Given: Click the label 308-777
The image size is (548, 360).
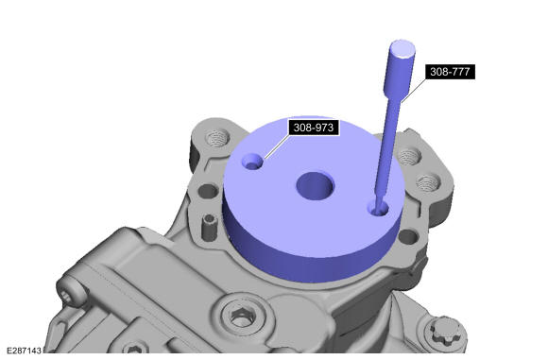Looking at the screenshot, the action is pyautogui.click(x=450, y=72).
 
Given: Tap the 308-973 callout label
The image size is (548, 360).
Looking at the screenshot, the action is pyautogui.click(x=314, y=128).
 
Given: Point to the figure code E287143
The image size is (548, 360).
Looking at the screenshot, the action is pyautogui.click(x=24, y=351).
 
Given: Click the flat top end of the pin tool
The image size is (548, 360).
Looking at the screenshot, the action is pyautogui.click(x=402, y=48).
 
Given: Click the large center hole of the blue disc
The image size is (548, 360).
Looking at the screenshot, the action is pyautogui.click(x=316, y=185).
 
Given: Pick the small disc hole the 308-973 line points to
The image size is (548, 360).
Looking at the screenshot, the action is pyautogui.click(x=252, y=162).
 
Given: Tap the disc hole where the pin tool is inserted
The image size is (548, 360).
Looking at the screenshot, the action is pyautogui.click(x=378, y=209).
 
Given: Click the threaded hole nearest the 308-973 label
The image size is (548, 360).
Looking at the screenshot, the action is pyautogui.click(x=217, y=137).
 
